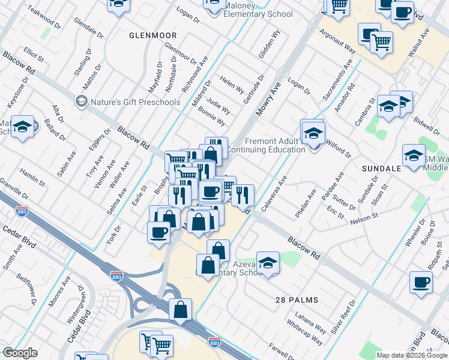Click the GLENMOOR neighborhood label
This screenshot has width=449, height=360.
coord(153,35)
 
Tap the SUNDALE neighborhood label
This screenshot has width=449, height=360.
coord(381,169)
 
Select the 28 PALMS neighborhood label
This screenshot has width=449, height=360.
coord(297,299)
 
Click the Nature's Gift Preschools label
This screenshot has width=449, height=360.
coord(135,102)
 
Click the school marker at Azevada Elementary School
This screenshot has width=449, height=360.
coord(268,262)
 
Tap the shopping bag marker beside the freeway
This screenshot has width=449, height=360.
coord(180,310)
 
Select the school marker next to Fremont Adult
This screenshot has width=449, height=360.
coord(313,134)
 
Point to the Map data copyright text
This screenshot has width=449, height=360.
coord(412,355)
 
